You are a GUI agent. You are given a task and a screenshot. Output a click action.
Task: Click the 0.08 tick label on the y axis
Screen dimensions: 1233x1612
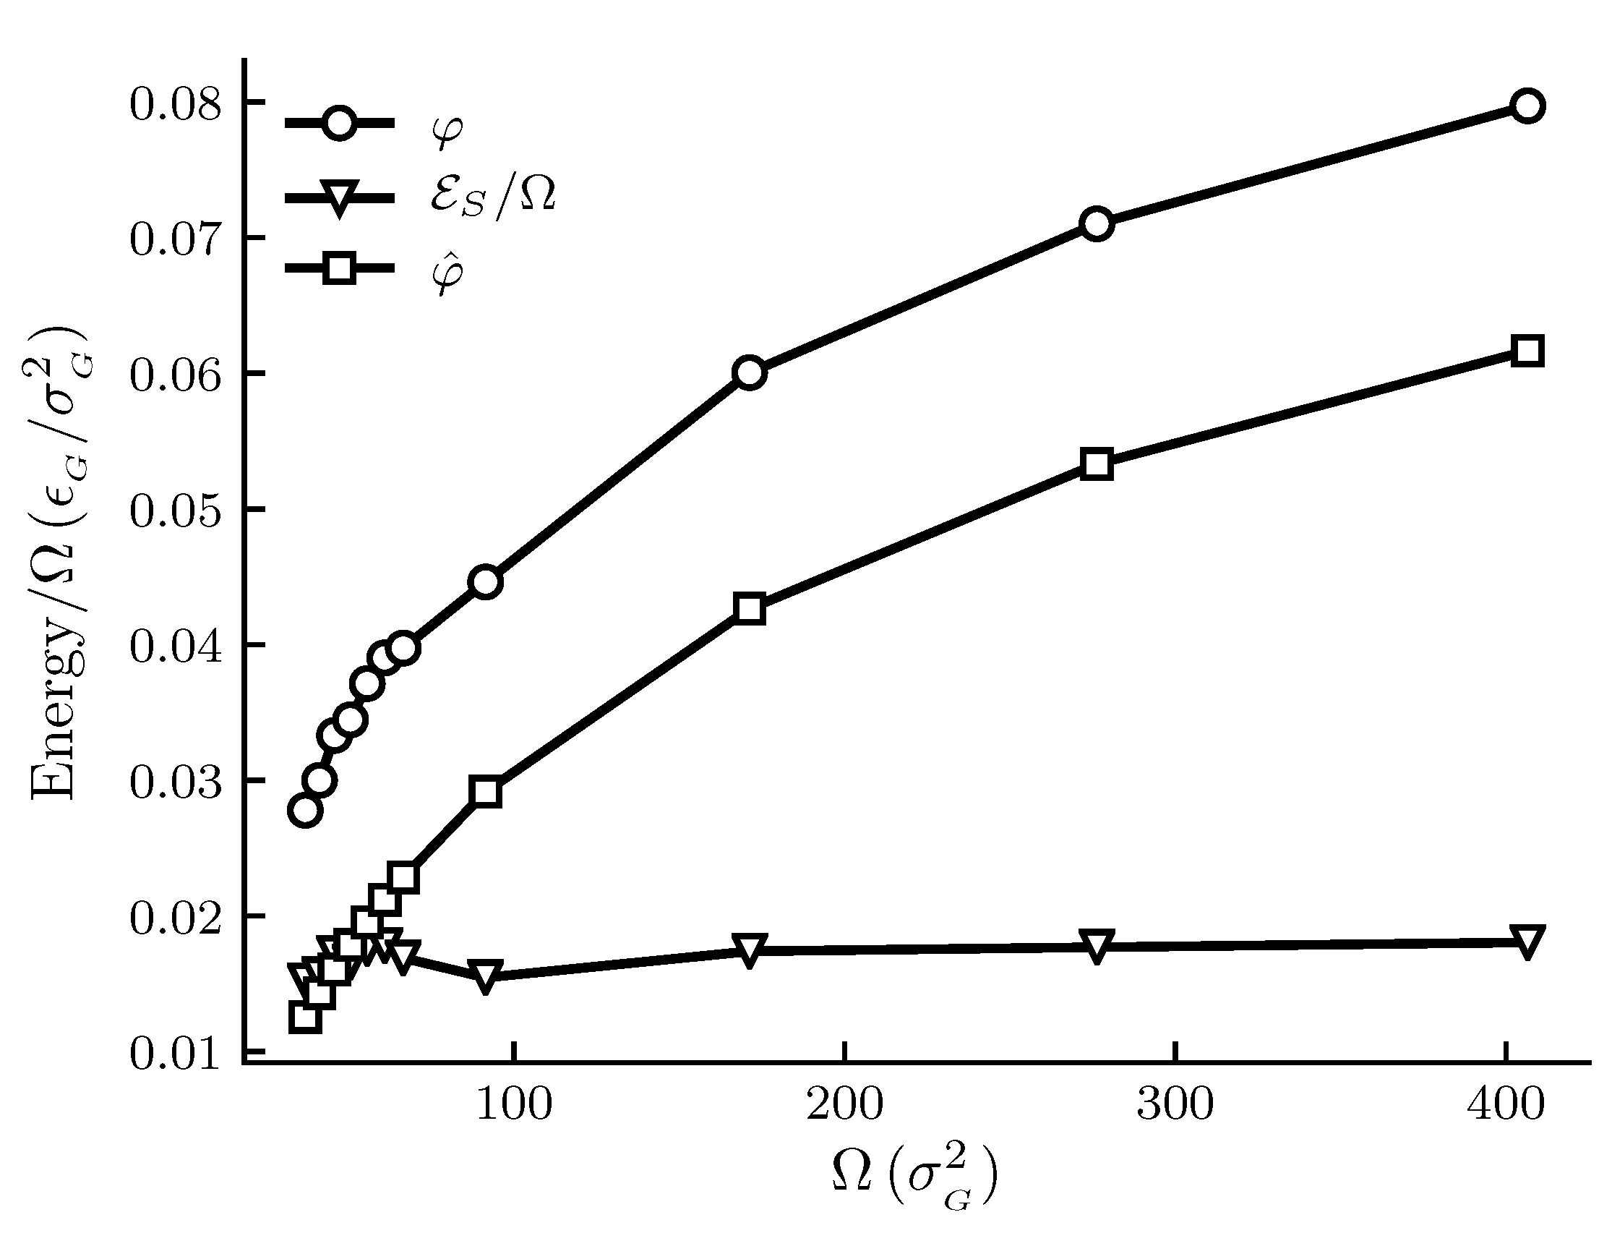(175, 104)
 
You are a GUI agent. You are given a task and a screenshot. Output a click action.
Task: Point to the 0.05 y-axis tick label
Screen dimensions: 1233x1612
(175, 511)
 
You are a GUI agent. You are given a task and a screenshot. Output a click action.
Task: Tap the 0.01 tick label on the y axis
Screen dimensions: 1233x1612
(175, 1054)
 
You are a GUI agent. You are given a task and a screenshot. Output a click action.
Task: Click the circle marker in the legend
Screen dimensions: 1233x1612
(340, 122)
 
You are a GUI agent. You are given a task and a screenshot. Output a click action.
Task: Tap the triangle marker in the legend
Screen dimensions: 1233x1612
(340, 198)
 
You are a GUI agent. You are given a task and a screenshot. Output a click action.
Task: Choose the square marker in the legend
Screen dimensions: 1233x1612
(340, 268)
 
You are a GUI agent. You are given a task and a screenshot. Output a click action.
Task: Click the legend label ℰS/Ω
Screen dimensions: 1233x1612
(492, 198)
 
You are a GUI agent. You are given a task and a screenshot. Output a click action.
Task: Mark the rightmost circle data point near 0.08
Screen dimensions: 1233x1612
(1527, 106)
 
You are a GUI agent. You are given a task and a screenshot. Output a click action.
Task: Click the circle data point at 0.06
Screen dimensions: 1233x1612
(749, 373)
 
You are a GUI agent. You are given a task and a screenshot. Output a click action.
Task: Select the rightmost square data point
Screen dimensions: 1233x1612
(1527, 351)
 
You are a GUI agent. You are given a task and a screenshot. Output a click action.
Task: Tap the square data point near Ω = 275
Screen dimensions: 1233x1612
(1097, 464)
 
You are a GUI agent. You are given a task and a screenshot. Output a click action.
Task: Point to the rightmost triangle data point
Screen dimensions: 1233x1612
(1527, 941)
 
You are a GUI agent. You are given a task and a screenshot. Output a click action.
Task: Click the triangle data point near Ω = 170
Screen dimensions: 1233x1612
(749, 950)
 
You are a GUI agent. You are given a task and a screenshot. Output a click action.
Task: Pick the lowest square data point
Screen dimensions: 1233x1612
(304, 1017)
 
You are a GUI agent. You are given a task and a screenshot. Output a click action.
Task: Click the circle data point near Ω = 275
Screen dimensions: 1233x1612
(1097, 223)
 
